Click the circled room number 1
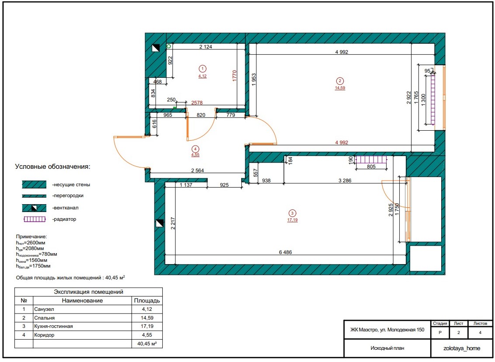click(x=202, y=69)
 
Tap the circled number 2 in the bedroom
click(x=340, y=81)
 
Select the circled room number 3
click(x=293, y=213)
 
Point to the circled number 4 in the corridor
click(x=195, y=149)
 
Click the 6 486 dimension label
click(x=286, y=252)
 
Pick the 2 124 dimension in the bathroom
click(x=206, y=47)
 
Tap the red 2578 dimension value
click(x=197, y=103)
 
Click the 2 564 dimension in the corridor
click(x=198, y=171)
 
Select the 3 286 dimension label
click(x=345, y=181)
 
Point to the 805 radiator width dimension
click(x=371, y=166)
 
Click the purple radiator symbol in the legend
click(x=35, y=219)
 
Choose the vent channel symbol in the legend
click(x=34, y=208)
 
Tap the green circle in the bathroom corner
click(x=169, y=46)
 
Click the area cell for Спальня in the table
click(x=147, y=318)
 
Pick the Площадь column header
click(x=147, y=300)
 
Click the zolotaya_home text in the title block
click(x=462, y=348)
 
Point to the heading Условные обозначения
click(x=53, y=167)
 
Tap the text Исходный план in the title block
click(x=387, y=348)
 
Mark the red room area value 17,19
click(x=293, y=220)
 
